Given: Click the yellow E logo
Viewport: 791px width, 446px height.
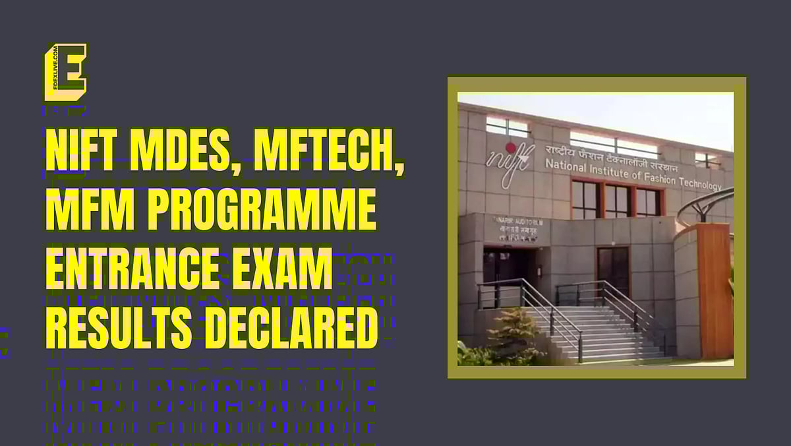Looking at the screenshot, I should pos(65,72).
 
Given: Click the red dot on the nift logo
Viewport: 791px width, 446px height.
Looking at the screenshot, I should pos(510,146).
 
